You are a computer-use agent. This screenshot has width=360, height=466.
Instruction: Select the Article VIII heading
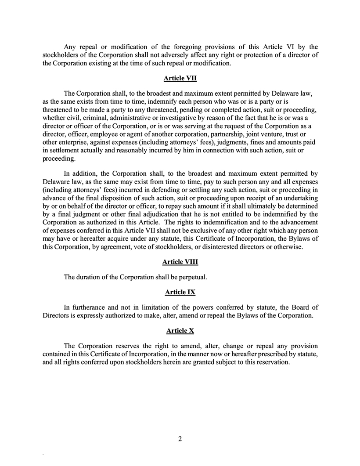(x=180, y=262)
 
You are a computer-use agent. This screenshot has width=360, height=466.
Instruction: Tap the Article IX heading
(x=180, y=292)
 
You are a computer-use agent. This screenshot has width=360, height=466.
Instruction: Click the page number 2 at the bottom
(x=180, y=439)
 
